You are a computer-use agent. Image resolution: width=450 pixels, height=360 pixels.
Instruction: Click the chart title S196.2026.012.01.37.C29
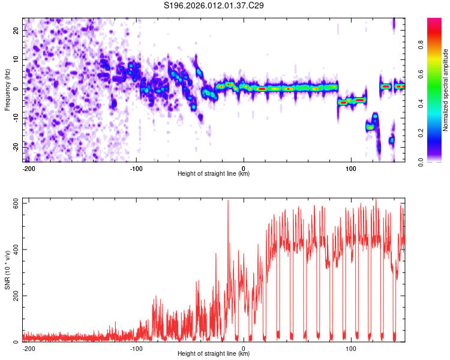tap(214, 5)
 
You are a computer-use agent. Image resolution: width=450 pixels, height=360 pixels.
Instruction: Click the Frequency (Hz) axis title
tap(8, 89)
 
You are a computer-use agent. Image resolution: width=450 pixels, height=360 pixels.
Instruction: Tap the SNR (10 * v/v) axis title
tap(8, 270)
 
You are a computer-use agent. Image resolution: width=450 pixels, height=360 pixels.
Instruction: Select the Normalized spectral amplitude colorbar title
tap(446, 90)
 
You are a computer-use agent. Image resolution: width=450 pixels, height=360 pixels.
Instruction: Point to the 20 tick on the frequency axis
tap(16, 29)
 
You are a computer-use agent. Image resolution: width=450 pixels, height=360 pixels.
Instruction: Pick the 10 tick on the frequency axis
tap(16, 59)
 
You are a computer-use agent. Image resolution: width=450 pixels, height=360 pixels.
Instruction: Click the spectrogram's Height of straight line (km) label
tap(214, 174)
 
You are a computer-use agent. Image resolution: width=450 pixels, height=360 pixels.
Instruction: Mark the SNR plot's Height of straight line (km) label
tap(214, 354)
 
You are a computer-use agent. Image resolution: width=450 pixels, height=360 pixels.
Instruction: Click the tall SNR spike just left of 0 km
tap(228, 202)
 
